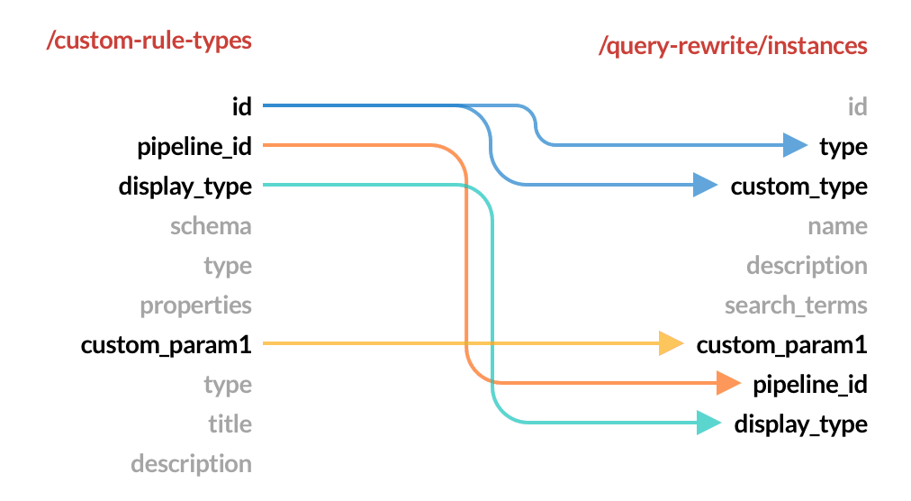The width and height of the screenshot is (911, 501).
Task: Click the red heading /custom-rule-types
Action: [149, 41]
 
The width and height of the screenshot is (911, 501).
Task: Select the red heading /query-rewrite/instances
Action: [733, 46]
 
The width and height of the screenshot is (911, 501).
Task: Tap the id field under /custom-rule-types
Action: [241, 107]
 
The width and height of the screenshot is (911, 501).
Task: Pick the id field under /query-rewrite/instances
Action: [857, 107]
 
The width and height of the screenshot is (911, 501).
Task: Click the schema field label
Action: [211, 226]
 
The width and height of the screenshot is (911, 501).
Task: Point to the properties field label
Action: [195, 305]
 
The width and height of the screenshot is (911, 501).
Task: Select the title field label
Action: [230, 424]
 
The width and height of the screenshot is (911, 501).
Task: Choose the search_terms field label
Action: [796, 305]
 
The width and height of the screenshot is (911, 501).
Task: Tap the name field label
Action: [837, 226]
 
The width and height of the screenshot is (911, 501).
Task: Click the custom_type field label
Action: [798, 187]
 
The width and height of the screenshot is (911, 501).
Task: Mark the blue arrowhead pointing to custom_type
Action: [704, 186]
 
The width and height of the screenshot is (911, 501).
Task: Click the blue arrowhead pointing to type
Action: [795, 145]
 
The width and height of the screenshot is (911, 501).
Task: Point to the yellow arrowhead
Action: [671, 343]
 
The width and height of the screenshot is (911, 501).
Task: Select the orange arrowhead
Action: [727, 383]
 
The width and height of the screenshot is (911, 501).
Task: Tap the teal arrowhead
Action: [708, 423]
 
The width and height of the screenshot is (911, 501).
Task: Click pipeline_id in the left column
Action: [194, 147]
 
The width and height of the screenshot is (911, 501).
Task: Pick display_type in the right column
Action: [800, 424]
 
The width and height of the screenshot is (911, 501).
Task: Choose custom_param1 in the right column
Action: [782, 345]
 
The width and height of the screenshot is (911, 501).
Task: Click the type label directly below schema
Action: [228, 266]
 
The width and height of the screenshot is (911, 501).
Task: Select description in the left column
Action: [191, 464]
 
